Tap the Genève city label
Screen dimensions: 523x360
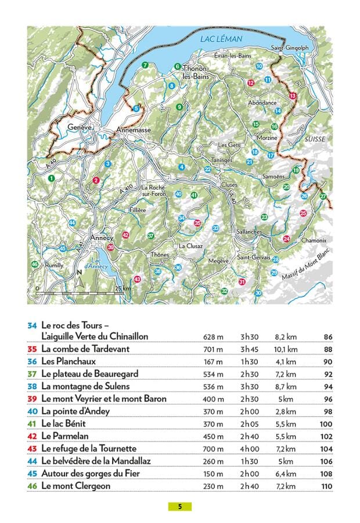pyautogui.click(x=80, y=127)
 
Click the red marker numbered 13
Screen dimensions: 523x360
pyautogui.click(x=292, y=95)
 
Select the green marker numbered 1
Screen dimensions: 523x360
pyautogui.click(x=52, y=178)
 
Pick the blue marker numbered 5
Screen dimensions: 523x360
pyautogui.click(x=136, y=108)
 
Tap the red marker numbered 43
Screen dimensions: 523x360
pyautogui.click(x=137, y=280)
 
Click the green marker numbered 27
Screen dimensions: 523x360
pyautogui.click(x=323, y=196)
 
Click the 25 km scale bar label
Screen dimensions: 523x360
pyautogui.click(x=123, y=289)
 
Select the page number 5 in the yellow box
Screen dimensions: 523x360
pyautogui.click(x=180, y=506)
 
